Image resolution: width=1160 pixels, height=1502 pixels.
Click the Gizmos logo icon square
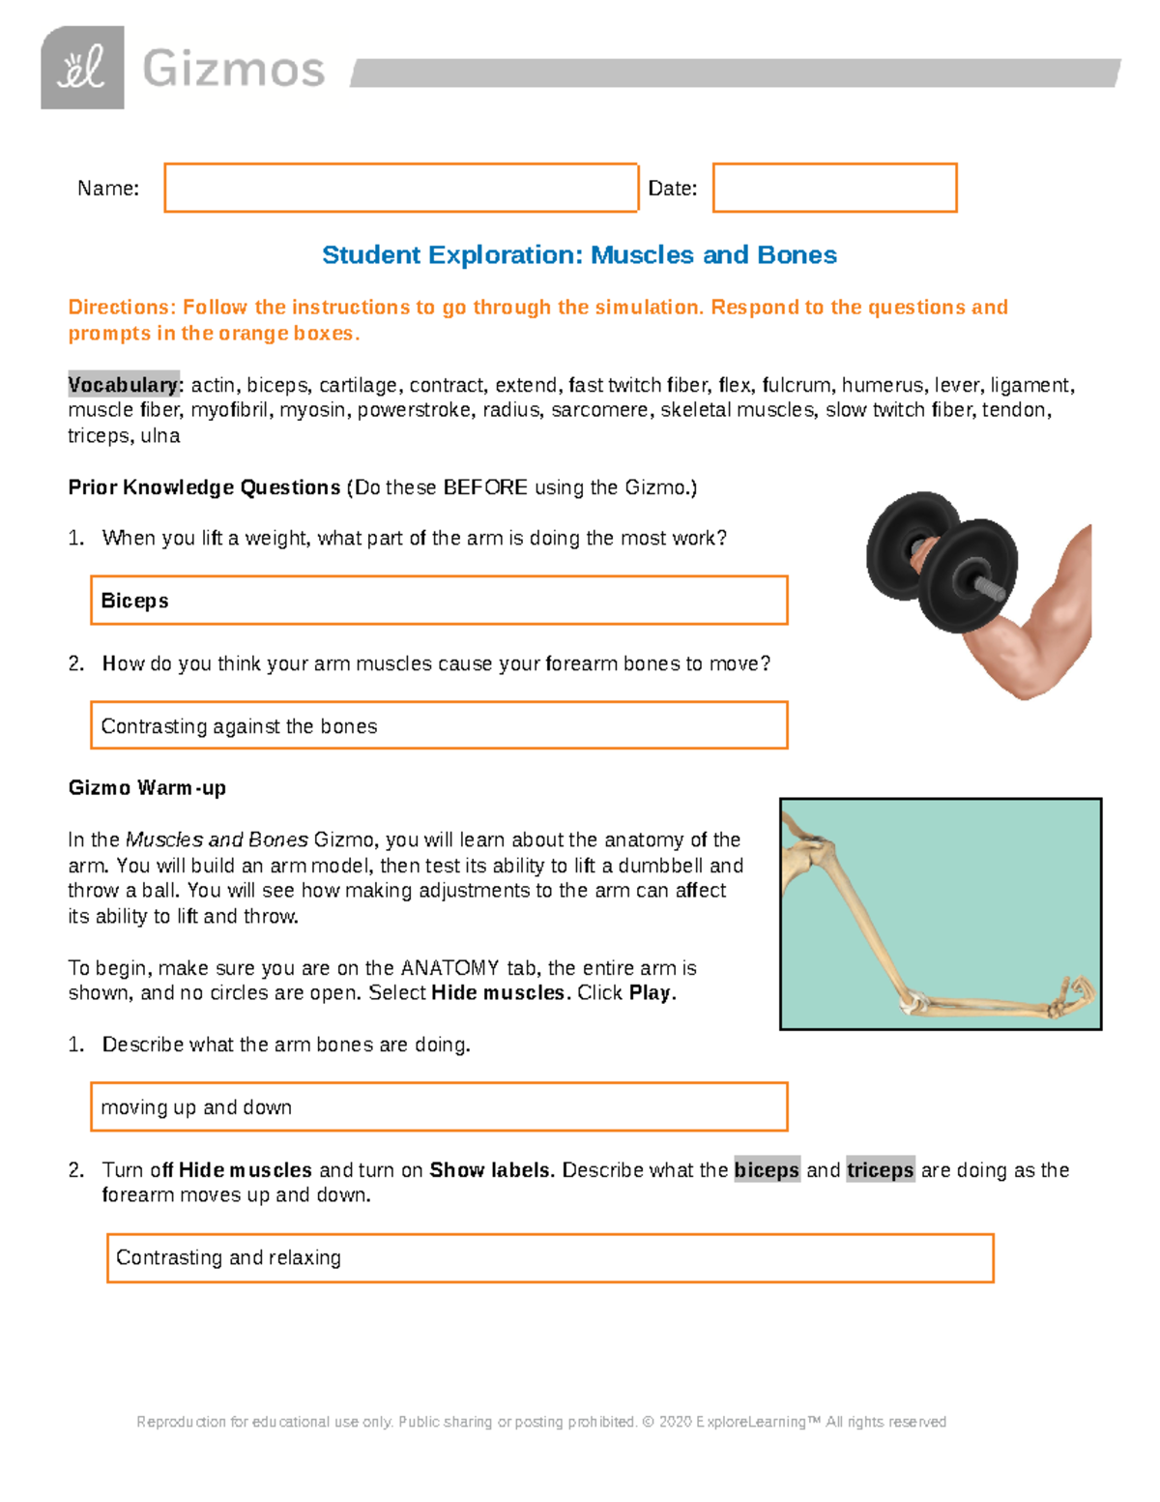82,68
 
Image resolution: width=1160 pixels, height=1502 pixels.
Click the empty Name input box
401,188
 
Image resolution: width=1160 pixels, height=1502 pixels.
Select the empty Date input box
834,188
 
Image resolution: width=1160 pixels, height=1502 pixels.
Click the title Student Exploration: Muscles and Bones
579,255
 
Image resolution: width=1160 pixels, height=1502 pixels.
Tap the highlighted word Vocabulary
123,385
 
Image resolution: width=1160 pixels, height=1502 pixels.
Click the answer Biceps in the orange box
134,601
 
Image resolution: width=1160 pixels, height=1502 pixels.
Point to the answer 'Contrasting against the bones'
239,726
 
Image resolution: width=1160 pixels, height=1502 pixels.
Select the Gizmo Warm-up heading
147,788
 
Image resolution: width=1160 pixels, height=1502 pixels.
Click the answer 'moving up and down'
196,1107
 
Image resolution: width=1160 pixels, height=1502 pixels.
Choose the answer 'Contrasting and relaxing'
228,1257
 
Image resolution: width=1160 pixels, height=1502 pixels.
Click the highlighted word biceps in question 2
767,1170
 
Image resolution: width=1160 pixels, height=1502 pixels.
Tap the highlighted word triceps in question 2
880,1170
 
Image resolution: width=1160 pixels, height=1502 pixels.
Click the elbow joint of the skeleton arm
913,1002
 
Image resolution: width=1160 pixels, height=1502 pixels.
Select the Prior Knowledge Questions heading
204,487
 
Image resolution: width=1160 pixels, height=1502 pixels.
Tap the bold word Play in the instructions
650,993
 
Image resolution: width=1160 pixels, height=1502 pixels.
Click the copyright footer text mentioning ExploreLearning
541,1422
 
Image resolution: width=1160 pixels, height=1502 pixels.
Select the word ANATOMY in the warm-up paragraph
449,968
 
